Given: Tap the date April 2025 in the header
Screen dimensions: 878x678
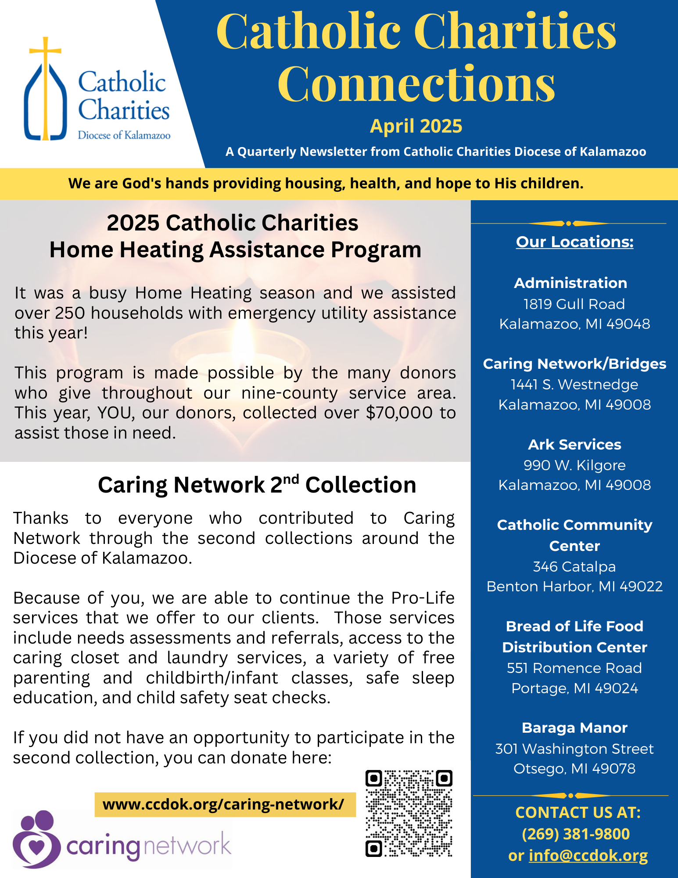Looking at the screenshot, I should tap(416, 126).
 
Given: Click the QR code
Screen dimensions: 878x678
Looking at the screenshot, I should tap(409, 813).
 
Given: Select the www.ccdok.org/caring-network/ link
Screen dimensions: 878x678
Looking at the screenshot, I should tap(224, 804).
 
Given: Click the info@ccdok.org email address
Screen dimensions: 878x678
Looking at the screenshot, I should tap(588, 855).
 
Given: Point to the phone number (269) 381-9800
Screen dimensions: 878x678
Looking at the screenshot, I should tap(576, 834).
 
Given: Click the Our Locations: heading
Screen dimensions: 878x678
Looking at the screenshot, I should tap(574, 242).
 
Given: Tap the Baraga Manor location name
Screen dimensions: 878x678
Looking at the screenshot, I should tap(574, 728).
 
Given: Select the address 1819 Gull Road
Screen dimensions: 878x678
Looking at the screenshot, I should tap(574, 304).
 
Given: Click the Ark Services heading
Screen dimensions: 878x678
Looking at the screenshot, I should tap(574, 444).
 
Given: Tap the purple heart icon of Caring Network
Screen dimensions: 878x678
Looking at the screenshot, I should tap(37, 845).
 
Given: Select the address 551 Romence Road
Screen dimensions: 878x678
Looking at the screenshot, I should tap(574, 668).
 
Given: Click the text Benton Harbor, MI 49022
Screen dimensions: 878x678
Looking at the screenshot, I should tap(574, 587).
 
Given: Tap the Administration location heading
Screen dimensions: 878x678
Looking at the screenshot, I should tap(570, 283).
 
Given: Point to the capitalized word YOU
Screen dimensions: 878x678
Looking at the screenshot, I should tap(115, 413).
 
